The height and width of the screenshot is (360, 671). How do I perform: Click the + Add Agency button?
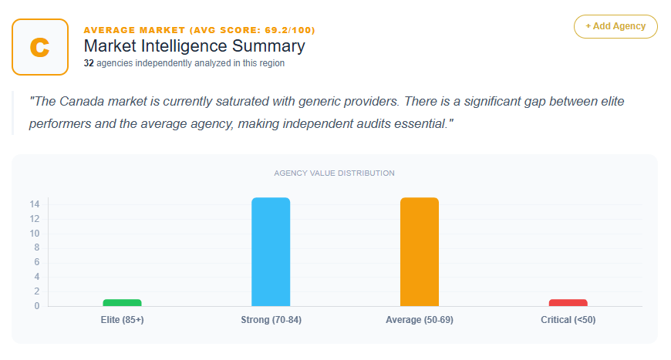pyautogui.click(x=615, y=26)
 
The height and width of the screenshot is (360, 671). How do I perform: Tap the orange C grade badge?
pyautogui.click(x=40, y=46)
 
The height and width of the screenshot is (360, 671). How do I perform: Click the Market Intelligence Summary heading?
pyautogui.click(x=194, y=46)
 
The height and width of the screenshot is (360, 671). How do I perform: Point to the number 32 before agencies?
pyautogui.click(x=89, y=63)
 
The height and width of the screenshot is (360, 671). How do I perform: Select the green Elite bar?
pyautogui.click(x=122, y=302)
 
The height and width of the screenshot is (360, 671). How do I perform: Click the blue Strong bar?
pyautogui.click(x=271, y=252)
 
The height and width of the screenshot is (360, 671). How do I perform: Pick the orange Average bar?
pyautogui.click(x=420, y=252)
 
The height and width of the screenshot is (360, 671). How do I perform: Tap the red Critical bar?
pyautogui.click(x=568, y=302)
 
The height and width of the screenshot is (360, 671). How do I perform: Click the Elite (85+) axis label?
pyautogui.click(x=122, y=320)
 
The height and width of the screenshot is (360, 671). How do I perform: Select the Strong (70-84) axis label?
pyautogui.click(x=271, y=320)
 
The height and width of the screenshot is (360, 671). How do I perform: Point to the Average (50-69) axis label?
pyautogui.click(x=419, y=320)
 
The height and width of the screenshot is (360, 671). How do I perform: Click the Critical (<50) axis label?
pyautogui.click(x=568, y=320)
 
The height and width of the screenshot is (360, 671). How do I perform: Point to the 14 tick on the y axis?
pyautogui.click(x=35, y=204)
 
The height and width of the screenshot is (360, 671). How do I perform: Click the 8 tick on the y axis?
pyautogui.click(x=37, y=247)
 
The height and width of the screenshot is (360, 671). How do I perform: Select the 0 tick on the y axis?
pyautogui.click(x=37, y=306)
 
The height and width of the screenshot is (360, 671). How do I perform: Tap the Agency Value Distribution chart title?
pyautogui.click(x=334, y=173)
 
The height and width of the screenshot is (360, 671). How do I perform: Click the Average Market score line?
pyautogui.click(x=199, y=30)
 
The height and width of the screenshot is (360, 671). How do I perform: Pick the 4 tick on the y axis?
pyautogui.click(x=37, y=277)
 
